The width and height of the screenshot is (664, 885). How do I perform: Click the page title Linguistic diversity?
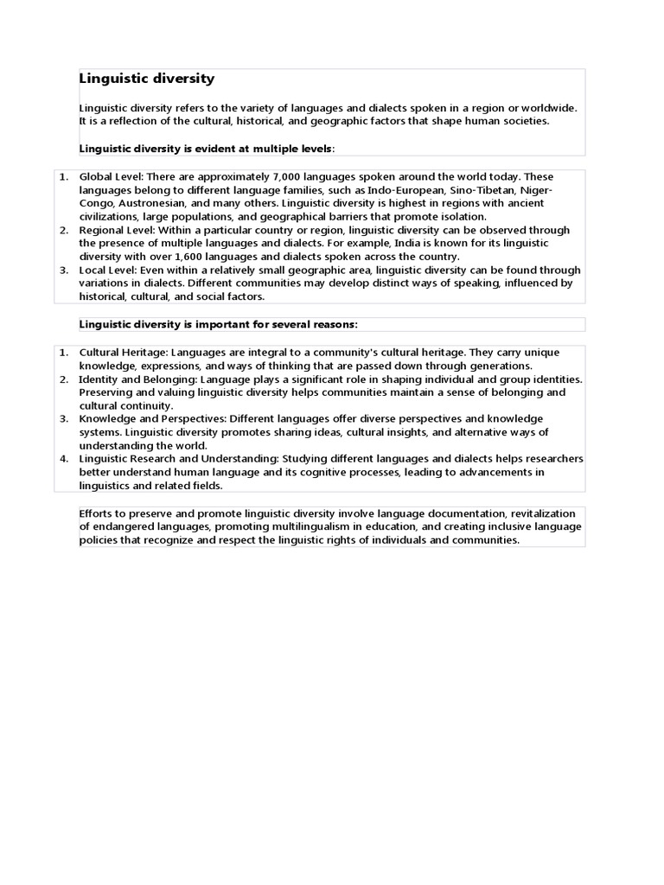147,79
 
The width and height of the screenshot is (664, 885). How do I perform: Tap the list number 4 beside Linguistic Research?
63,459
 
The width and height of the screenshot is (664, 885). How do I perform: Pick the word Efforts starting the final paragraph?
97,513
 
